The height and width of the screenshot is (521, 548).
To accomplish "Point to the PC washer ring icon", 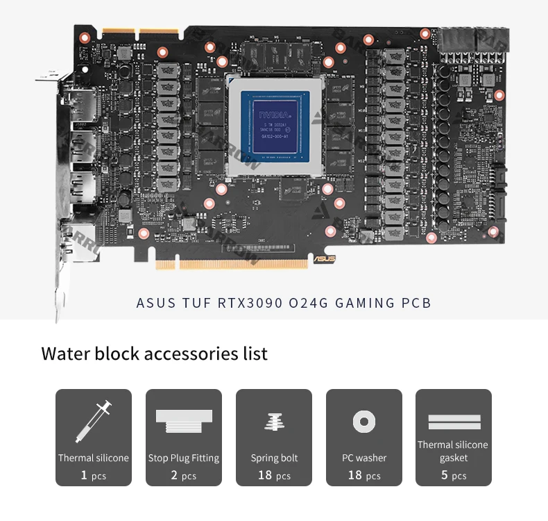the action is pyautogui.click(x=363, y=422).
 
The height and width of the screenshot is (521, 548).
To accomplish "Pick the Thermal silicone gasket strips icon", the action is pyautogui.click(x=454, y=422).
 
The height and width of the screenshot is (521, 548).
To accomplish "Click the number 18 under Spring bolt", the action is pyautogui.click(x=265, y=475).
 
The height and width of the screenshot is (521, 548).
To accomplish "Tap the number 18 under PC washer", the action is pyautogui.click(x=355, y=475).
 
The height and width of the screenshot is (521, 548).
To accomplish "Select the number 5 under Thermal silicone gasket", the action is pyautogui.click(x=445, y=475).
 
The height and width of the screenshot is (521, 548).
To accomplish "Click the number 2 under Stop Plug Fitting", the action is pyautogui.click(x=174, y=475).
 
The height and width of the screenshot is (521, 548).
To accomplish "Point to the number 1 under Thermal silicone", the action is pyautogui.click(x=84, y=475).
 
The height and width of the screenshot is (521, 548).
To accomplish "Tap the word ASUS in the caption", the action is pyautogui.click(x=151, y=303).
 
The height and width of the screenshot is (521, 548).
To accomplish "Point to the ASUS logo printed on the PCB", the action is pyautogui.click(x=325, y=258).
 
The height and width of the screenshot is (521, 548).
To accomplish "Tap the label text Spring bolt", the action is pyautogui.click(x=274, y=458).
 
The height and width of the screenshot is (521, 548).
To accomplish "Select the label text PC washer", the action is pyautogui.click(x=364, y=458).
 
